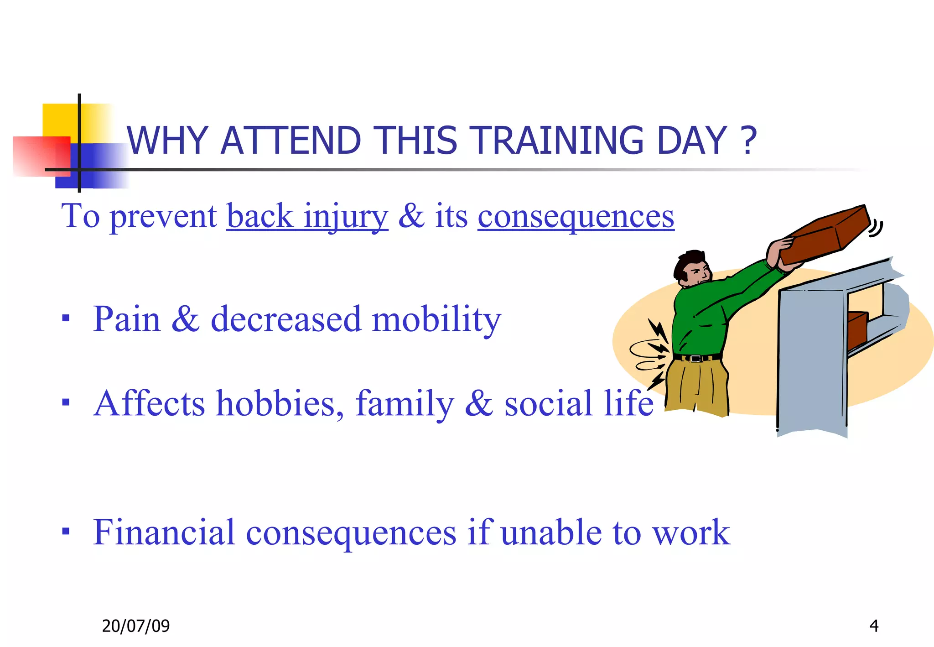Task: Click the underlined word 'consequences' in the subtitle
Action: (x=576, y=217)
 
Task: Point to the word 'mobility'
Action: (x=436, y=319)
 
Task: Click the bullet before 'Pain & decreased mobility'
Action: (x=66, y=318)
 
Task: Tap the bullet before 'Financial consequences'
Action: (x=66, y=531)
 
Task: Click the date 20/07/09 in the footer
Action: (x=135, y=626)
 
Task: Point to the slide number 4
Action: (x=874, y=626)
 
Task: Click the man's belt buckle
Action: (x=695, y=359)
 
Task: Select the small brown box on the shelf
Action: (x=856, y=329)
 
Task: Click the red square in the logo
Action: (x=41, y=155)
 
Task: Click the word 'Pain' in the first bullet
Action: (x=127, y=319)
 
